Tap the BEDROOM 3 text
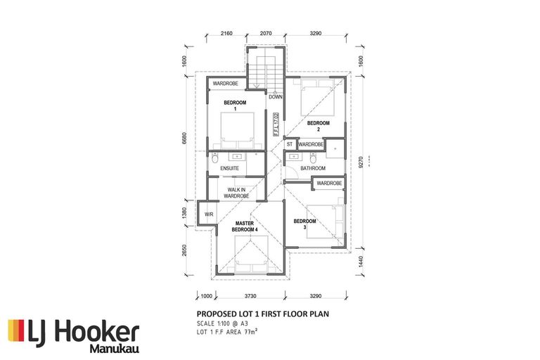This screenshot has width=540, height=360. (x=304, y=224)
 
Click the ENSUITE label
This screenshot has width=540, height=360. (x=230, y=169)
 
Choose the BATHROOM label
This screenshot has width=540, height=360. (x=313, y=169)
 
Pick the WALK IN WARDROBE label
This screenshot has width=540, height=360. (x=238, y=193)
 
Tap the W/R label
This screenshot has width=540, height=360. (x=209, y=214)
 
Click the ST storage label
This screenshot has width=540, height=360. (x=289, y=145)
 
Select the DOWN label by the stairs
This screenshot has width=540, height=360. (x=275, y=97)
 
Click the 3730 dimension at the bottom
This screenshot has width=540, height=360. (x=250, y=297)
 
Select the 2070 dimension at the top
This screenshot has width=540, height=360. (x=265, y=33)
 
